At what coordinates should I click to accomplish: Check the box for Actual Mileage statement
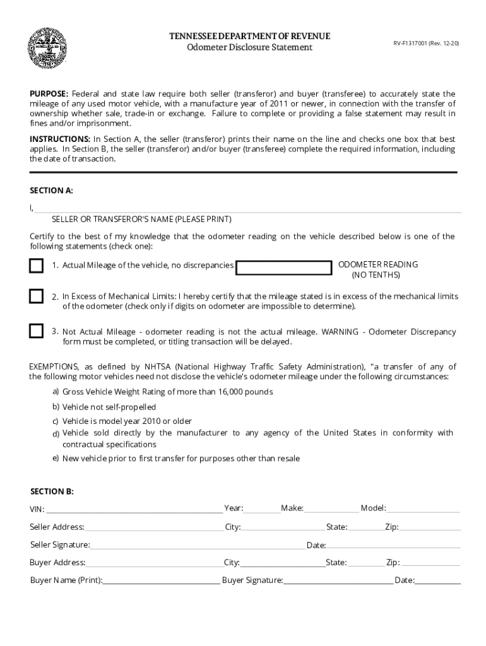click(37, 266)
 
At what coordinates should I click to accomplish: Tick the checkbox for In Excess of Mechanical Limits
click(37, 296)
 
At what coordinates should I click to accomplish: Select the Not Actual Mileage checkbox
click(37, 331)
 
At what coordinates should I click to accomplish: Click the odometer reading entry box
click(284, 268)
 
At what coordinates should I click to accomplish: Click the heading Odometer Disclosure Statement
click(249, 48)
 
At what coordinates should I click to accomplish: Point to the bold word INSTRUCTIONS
click(60, 139)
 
